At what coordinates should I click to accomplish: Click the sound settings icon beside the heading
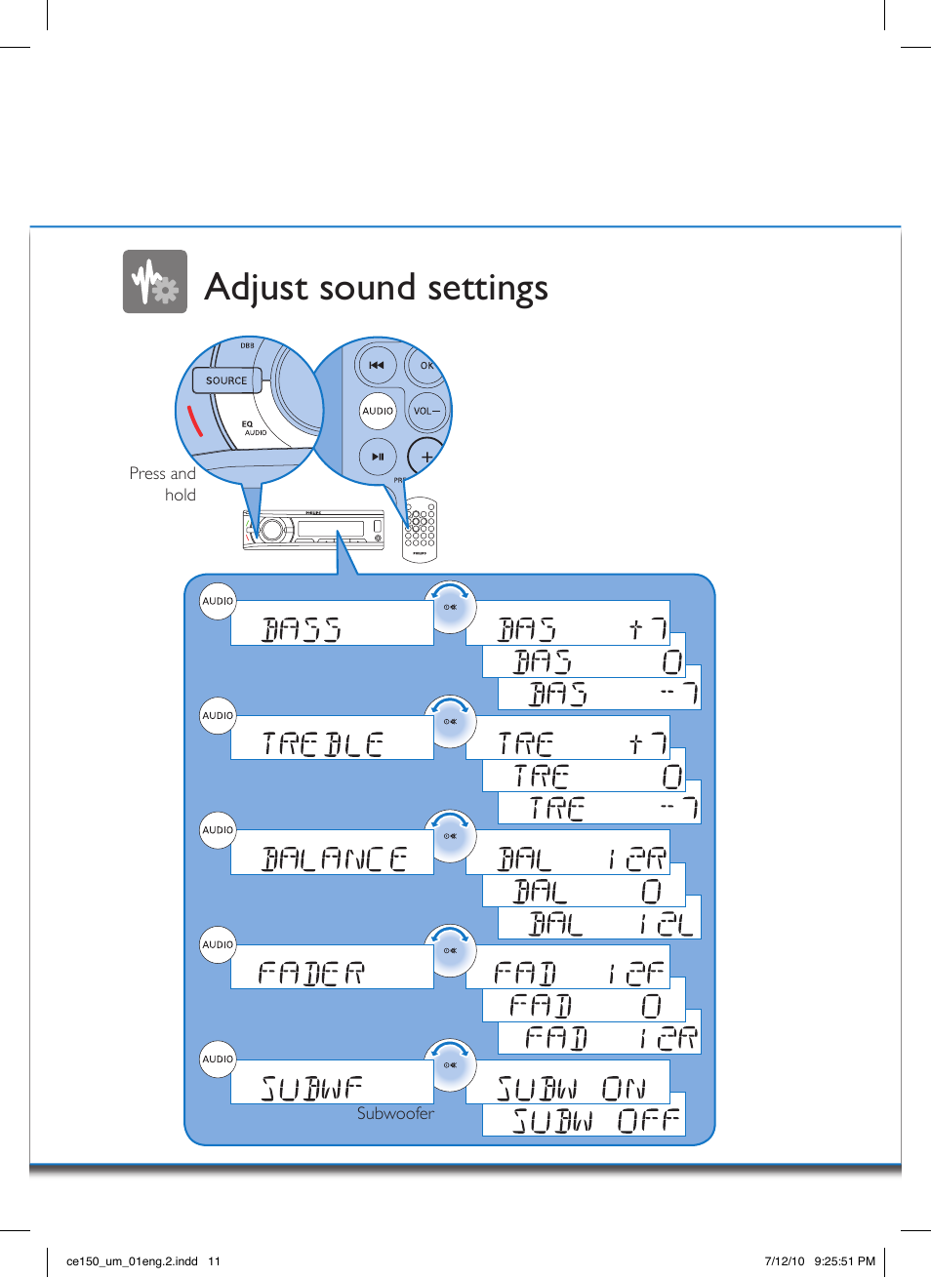pyautogui.click(x=154, y=282)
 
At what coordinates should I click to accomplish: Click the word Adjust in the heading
pyautogui.click(x=257, y=288)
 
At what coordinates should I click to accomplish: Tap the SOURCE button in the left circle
pyautogui.click(x=226, y=380)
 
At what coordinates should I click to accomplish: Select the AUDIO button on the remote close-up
pyautogui.click(x=378, y=411)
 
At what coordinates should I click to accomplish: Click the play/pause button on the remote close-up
pyautogui.click(x=378, y=457)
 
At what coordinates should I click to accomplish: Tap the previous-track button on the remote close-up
pyautogui.click(x=377, y=366)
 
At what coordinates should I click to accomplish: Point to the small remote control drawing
pyautogui.click(x=420, y=529)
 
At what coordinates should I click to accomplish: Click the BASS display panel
pyautogui.click(x=332, y=624)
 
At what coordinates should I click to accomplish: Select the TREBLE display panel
pyautogui.click(x=332, y=739)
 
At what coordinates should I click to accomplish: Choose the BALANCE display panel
pyautogui.click(x=332, y=854)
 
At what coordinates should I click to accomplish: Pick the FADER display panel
pyautogui.click(x=332, y=968)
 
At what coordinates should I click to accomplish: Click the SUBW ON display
pyautogui.click(x=568, y=1084)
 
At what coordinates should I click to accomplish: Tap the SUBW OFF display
pyautogui.click(x=584, y=1117)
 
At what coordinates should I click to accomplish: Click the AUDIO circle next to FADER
pyautogui.click(x=218, y=944)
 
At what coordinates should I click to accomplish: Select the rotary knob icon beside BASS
pyautogui.click(x=450, y=607)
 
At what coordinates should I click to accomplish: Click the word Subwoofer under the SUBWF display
pyautogui.click(x=395, y=1114)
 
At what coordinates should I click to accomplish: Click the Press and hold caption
pyautogui.click(x=163, y=484)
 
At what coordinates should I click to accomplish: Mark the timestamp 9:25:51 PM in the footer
pyautogui.click(x=845, y=1260)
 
